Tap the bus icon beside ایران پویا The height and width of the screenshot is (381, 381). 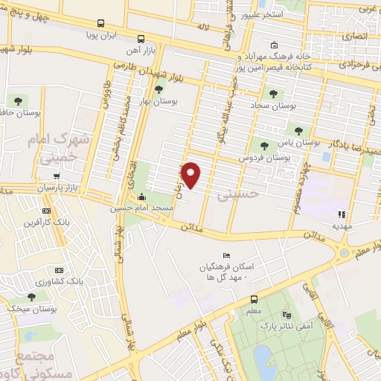(x=100, y=23)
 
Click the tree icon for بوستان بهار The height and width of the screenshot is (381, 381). (x=158, y=89)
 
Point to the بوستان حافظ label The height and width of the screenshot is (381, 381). (x=16, y=112)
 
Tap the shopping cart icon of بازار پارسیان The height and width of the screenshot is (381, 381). (x=57, y=176)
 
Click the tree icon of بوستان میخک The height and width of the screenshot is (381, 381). (x=31, y=295)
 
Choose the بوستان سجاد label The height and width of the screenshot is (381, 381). (x=278, y=106)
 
